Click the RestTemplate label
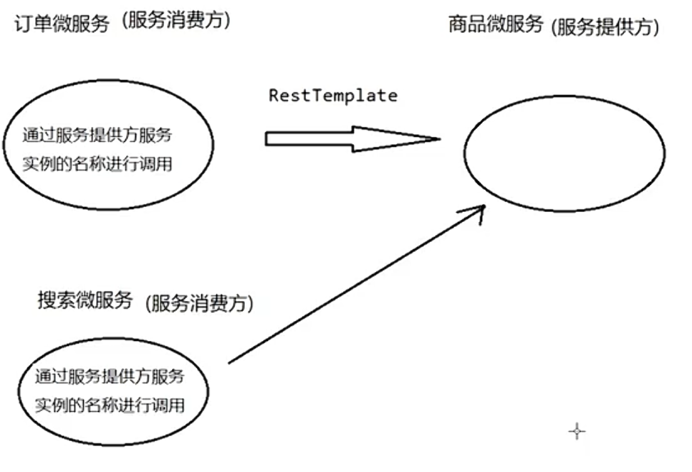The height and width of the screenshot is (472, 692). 332,95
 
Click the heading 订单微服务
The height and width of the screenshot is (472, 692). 62,24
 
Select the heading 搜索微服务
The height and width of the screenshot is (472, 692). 85,300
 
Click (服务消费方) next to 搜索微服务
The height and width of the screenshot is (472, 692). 199,303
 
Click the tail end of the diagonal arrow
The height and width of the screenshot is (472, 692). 229,362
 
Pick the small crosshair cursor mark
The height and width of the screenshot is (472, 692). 577,431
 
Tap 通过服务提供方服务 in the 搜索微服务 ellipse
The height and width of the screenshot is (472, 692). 110,375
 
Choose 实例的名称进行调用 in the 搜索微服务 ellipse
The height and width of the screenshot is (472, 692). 110,405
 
